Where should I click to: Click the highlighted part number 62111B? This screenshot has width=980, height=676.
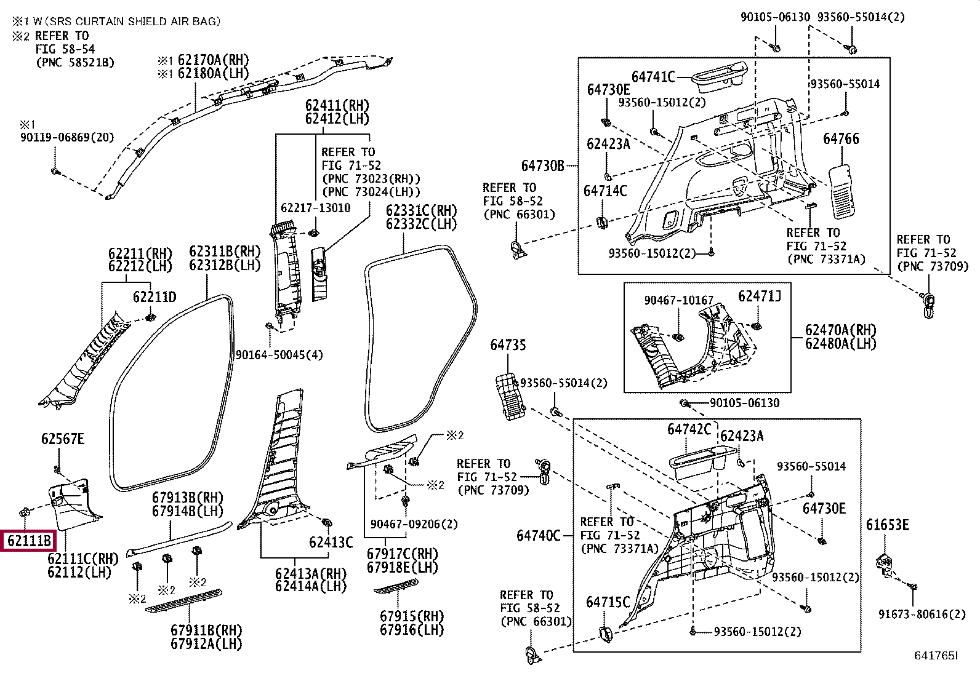[29, 541]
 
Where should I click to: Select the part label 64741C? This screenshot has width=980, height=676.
[653, 77]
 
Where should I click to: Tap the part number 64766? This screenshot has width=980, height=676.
[841, 140]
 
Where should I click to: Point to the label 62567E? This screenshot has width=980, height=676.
[63, 439]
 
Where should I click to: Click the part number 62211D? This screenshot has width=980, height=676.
[155, 298]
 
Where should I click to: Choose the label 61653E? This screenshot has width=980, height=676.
[887, 525]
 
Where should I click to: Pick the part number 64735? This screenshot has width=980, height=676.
[508, 345]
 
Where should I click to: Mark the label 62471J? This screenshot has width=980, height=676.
[760, 296]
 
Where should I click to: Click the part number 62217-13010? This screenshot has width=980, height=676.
[315, 208]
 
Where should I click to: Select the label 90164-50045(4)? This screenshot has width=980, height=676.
[279, 355]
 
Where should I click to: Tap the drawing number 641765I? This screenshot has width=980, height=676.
[936, 656]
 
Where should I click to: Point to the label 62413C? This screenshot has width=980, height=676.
[331, 542]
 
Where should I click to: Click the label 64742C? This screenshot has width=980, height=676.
[689, 429]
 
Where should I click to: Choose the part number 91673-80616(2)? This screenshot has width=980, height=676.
[922, 613]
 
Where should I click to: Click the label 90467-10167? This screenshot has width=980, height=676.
[678, 300]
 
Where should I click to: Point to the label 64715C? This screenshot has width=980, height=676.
[608, 602]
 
